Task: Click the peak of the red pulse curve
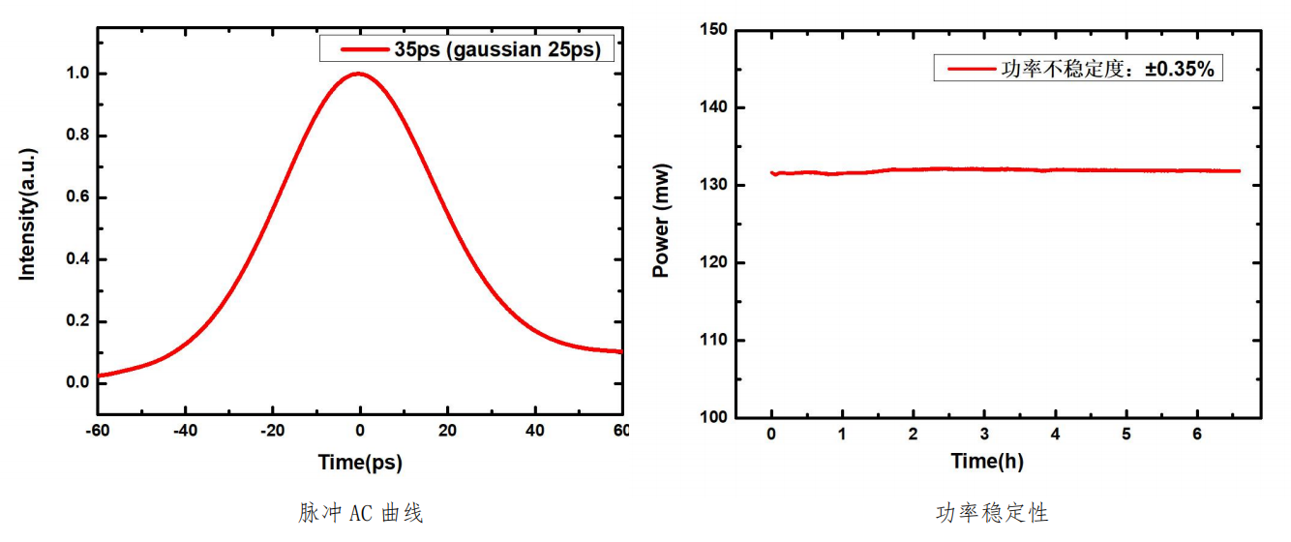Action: pos(359,74)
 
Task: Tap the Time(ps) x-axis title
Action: pos(360,462)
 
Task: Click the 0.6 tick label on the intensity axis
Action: pos(77,197)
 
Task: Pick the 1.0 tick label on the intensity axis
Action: pos(77,74)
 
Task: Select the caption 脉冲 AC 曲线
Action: pos(360,512)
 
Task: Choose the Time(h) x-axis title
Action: pos(986,462)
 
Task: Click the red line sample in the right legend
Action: pos(970,69)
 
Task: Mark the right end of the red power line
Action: pos(1240,171)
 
